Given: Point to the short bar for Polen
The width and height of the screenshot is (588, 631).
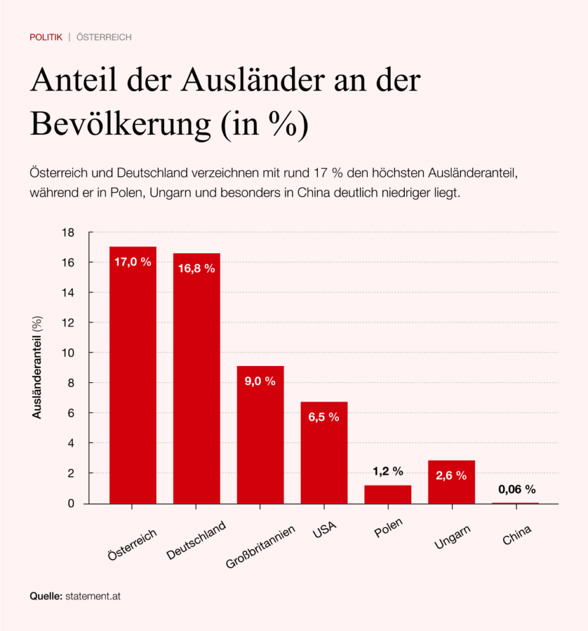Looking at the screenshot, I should point(388,494).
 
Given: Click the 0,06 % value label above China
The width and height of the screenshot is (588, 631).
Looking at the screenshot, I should point(517,490).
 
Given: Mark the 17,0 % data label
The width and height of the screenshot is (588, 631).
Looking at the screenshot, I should point(133,262).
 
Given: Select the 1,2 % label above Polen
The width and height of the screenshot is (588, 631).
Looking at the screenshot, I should point(388,471).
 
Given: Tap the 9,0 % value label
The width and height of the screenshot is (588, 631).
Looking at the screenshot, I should point(260,381).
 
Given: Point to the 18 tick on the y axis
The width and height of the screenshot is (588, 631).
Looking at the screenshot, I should point(68,232).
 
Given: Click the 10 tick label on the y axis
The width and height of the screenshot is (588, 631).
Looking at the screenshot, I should point(68,352).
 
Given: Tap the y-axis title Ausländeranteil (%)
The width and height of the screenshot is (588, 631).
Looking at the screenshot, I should point(38,368).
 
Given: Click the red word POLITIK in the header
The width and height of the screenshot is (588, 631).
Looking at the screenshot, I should point(46,38).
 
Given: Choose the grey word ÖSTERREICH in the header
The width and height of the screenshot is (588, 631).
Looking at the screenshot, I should point(104,38).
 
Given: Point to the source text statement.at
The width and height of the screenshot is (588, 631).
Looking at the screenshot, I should point(97,597).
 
